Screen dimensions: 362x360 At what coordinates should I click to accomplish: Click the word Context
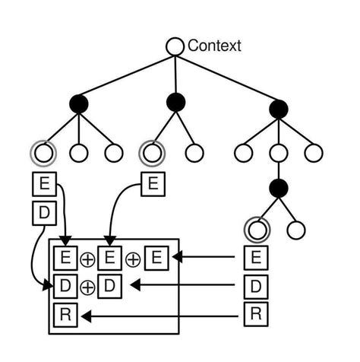click(x=214, y=46)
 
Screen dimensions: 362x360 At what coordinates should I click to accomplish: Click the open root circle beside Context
click(x=175, y=46)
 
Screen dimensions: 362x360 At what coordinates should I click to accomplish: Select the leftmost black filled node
click(x=79, y=103)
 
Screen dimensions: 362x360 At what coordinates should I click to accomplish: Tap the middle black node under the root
click(x=175, y=102)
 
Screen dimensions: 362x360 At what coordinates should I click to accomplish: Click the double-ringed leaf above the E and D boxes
click(x=43, y=153)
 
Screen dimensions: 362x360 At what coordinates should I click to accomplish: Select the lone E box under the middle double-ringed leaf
click(x=152, y=183)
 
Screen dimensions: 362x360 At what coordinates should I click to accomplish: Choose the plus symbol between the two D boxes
click(x=87, y=287)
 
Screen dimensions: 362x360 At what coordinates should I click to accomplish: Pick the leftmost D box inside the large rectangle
click(x=65, y=287)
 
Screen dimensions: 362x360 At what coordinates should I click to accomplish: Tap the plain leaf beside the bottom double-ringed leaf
click(x=296, y=229)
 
